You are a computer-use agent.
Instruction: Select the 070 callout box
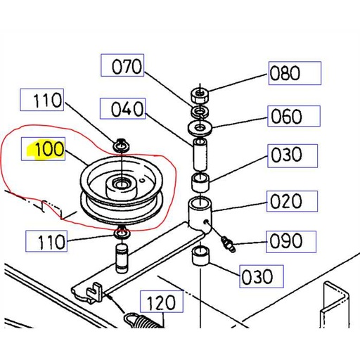[x=127, y=67]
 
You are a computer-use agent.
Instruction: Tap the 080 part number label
[x=294, y=73]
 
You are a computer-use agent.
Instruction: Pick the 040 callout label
[x=127, y=110]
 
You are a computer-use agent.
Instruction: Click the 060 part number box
[x=294, y=115]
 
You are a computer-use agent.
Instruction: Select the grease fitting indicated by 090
[x=226, y=243]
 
